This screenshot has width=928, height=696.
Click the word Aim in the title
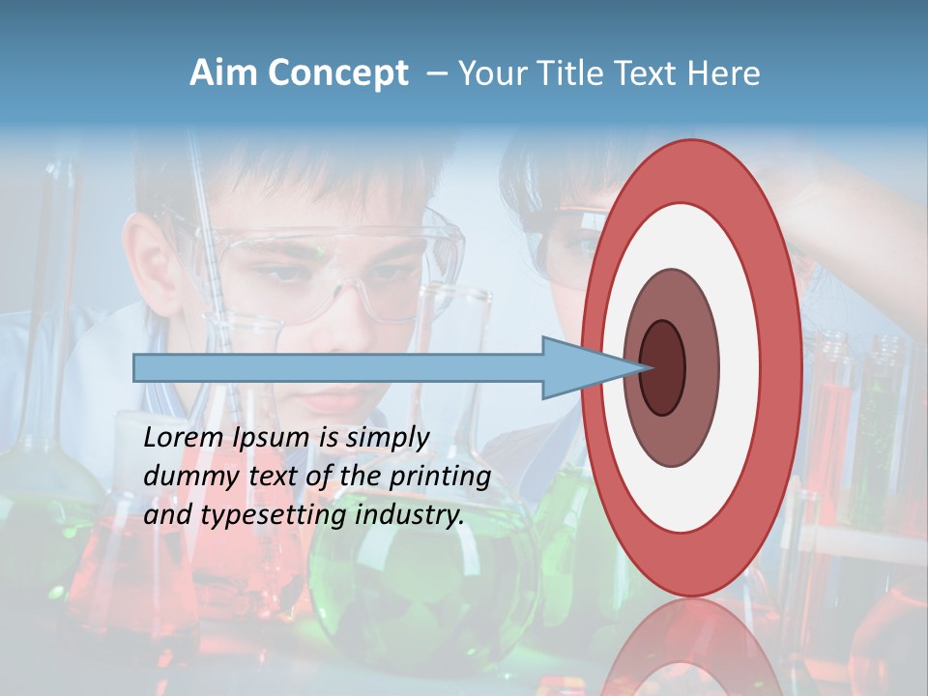[224, 73]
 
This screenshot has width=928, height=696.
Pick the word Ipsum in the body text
[266, 438]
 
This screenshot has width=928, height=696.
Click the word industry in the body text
[410, 515]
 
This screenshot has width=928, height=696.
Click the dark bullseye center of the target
[663, 367]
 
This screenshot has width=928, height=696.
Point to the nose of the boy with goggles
[333, 319]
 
